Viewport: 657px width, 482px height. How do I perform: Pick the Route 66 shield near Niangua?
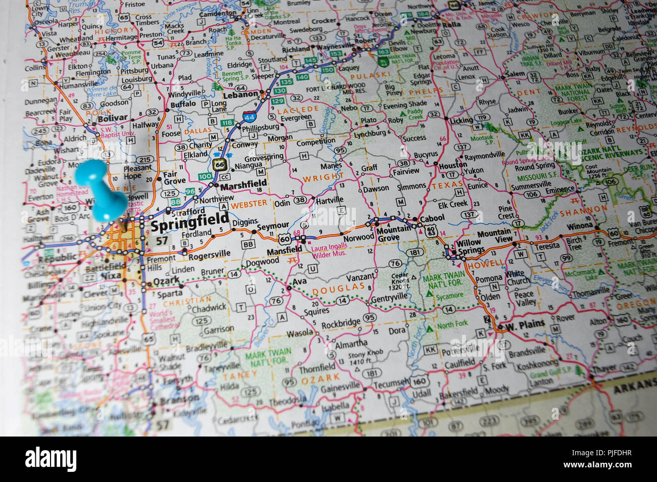coord(219,164)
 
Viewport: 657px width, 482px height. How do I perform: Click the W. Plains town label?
coord(525,324)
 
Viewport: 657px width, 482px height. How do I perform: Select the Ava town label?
coord(300,282)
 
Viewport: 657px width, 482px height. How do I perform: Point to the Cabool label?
coord(433,218)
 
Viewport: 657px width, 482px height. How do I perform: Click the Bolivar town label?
coord(113,118)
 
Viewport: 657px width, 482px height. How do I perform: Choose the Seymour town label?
coord(273,225)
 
